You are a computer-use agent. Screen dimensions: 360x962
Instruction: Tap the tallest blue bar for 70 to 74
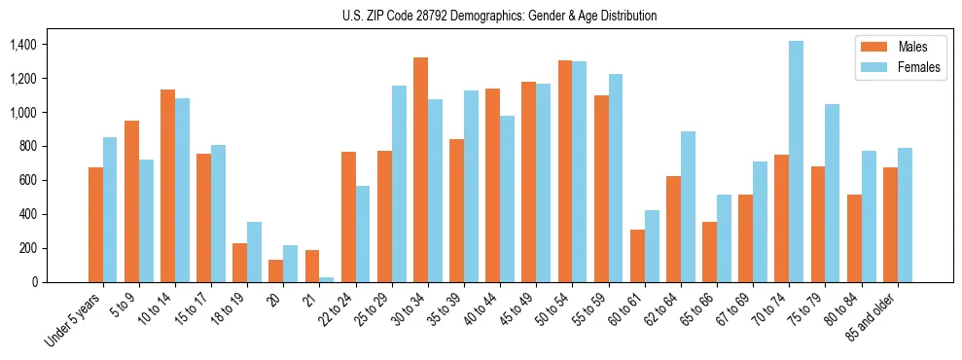point(797,162)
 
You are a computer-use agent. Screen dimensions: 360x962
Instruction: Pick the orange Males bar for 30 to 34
point(420,170)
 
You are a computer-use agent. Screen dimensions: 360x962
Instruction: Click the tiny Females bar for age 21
point(327,279)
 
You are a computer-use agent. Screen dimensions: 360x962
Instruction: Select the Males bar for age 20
point(276,270)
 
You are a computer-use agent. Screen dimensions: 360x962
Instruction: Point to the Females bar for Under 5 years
point(110,210)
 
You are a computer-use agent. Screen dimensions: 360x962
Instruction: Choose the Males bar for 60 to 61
point(637,256)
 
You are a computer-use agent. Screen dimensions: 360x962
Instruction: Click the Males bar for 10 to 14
point(167,186)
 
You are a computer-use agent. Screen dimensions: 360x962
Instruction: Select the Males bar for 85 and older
point(890,225)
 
